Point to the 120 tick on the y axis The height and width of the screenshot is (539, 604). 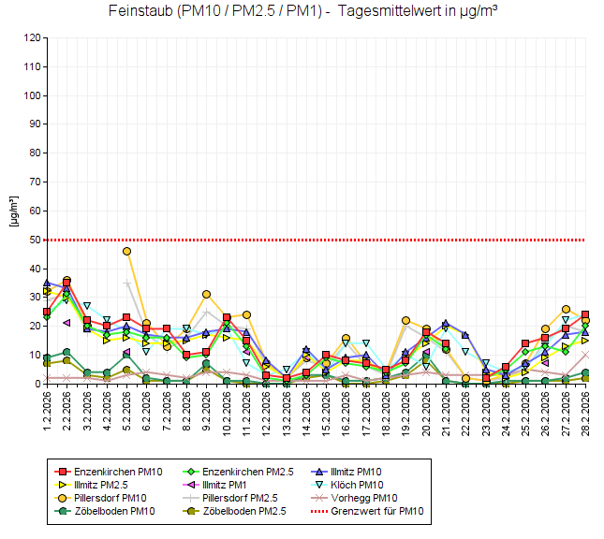click(33, 38)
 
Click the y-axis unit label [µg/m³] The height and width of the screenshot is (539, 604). click(13, 211)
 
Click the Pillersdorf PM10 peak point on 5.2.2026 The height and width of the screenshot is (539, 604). click(126, 251)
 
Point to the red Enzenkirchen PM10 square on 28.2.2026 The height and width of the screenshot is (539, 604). click(585, 314)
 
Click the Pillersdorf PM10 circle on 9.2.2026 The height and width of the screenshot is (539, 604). click(207, 295)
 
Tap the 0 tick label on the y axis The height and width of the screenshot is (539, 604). click(38, 384)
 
